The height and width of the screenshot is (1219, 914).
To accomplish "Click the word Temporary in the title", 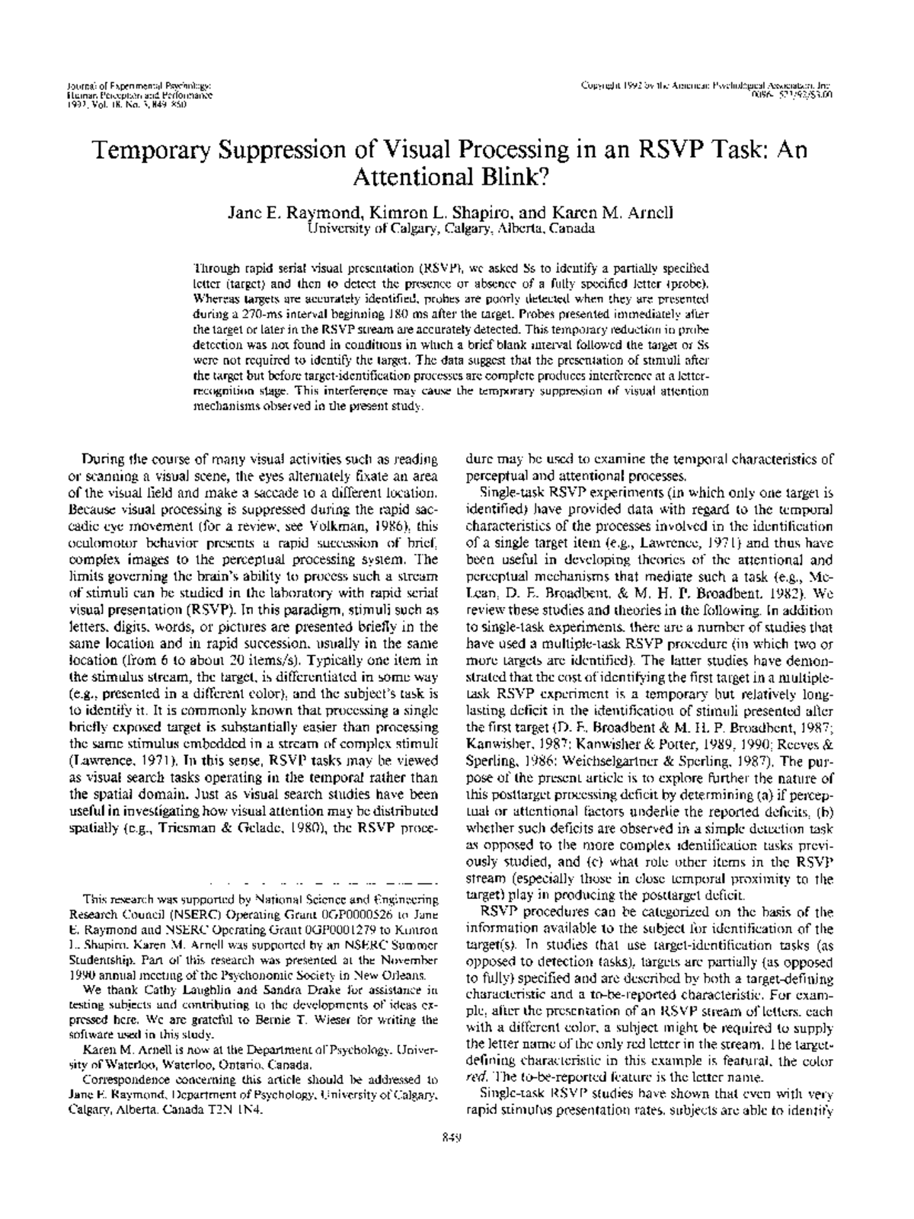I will [x=145, y=149].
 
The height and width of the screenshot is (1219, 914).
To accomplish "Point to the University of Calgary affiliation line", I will [x=449, y=228].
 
